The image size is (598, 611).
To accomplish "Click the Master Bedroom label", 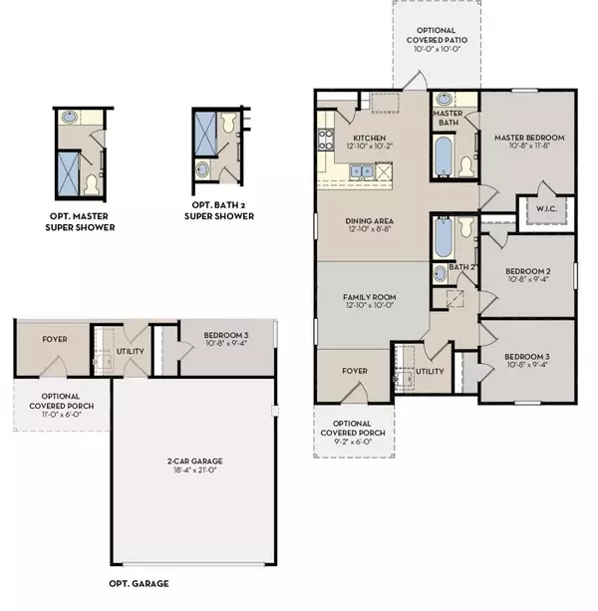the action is click(529, 138).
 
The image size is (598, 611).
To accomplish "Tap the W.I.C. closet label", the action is click(546, 209).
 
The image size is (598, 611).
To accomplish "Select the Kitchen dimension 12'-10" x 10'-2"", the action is click(370, 147).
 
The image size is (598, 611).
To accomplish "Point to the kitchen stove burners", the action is click(326, 140).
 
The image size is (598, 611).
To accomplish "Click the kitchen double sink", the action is click(362, 171).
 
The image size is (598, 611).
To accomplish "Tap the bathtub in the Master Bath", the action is click(444, 155).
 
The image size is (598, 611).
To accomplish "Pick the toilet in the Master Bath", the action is click(465, 166).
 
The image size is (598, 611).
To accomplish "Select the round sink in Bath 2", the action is click(440, 273).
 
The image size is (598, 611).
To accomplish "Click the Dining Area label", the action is click(370, 221).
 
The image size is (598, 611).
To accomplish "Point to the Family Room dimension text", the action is click(370, 305).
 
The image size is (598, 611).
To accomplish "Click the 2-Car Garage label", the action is click(194, 460).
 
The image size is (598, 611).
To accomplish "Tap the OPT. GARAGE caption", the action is click(139, 583).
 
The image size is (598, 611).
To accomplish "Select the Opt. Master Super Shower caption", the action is click(80, 221).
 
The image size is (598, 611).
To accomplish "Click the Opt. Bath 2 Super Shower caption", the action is click(219, 210).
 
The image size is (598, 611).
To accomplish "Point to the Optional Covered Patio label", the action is click(437, 35).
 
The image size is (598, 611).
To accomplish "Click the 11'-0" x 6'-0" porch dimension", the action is click(62, 415).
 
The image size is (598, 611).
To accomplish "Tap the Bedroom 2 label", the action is click(528, 271).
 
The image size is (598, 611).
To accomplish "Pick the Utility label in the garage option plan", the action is click(131, 351).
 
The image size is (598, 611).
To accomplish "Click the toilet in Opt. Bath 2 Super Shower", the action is click(227, 122).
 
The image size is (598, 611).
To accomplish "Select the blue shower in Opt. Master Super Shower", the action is click(69, 173).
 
